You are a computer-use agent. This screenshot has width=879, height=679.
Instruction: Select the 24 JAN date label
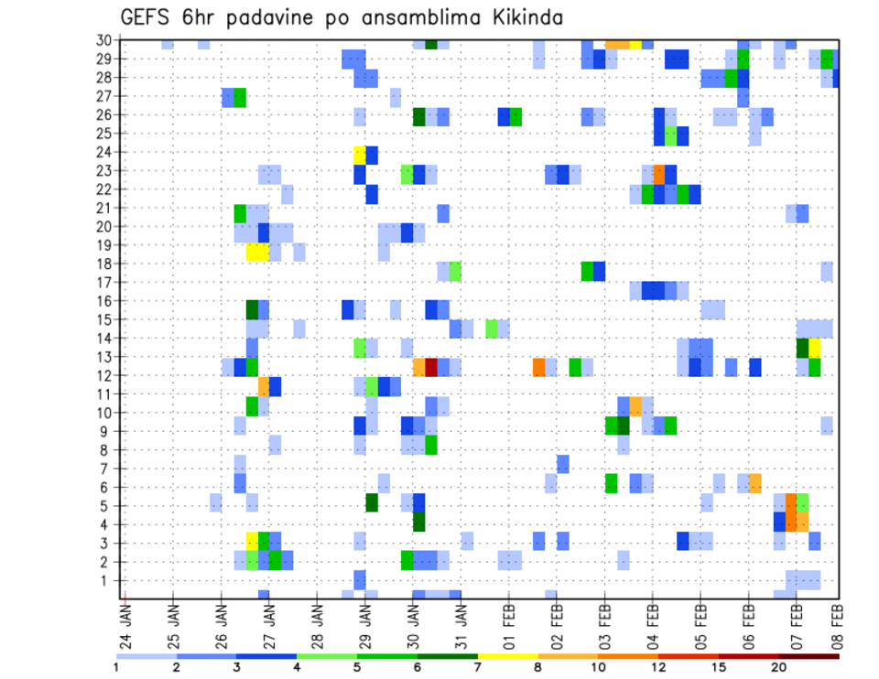pos(125,618)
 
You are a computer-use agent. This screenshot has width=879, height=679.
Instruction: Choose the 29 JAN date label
pos(365,618)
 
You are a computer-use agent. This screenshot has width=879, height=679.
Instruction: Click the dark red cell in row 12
pos(431,367)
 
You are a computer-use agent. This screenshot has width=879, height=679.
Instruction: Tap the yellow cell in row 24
pos(360,153)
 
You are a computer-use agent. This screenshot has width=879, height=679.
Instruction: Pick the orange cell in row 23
pos(658,171)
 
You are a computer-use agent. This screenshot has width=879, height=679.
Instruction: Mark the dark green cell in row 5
pos(372,502)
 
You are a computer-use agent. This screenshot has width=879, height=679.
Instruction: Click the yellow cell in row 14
pos(814,348)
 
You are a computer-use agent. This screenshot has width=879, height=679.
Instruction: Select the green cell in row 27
pos(240,97)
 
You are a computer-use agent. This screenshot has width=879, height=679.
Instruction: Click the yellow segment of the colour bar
pos(507,655)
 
